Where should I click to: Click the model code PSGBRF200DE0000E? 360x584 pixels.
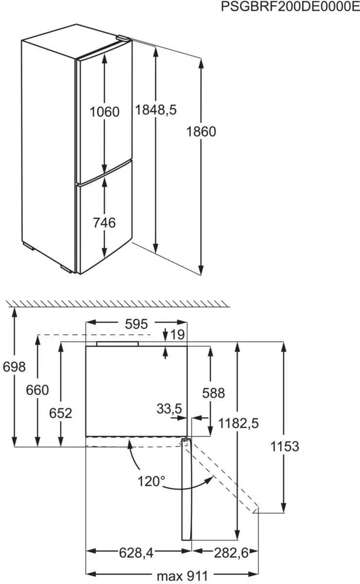(x=290, y=6)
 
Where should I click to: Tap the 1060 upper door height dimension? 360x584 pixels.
(x=104, y=112)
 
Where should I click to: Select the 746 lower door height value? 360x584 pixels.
(x=104, y=223)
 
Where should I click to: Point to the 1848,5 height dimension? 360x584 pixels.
(x=156, y=110)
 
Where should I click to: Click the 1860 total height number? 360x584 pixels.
(x=201, y=132)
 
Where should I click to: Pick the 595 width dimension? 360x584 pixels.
(x=136, y=324)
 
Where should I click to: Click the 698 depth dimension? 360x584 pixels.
(x=14, y=367)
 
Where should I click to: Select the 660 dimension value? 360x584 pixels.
(x=37, y=390)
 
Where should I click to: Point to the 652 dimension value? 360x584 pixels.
(x=60, y=413)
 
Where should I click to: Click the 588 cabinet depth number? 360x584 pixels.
(x=213, y=393)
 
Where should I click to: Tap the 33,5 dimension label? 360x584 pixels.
(x=169, y=408)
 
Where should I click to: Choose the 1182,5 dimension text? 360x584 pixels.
(x=238, y=423)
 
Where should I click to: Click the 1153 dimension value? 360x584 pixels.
(x=285, y=446)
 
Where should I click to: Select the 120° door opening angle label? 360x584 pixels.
(x=151, y=481)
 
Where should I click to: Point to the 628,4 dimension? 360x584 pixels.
(x=136, y=553)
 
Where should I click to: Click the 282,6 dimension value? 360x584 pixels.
(x=231, y=553)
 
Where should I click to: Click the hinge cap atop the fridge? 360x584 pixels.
(x=123, y=38)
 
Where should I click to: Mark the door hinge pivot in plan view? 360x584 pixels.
(x=186, y=441)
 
